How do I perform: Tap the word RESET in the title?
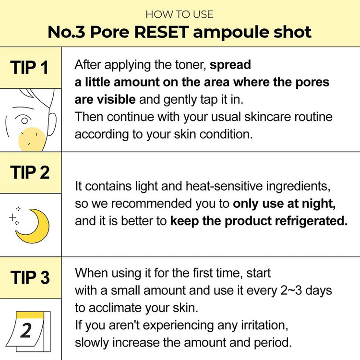pyautogui.click(x=172, y=32)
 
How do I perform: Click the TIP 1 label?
pyautogui.click(x=30, y=68)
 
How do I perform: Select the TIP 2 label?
pyautogui.click(x=30, y=172)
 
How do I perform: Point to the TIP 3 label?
pyautogui.click(x=30, y=277)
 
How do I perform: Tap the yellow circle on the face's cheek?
pyautogui.click(x=31, y=139)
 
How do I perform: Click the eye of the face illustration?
pyautogui.click(x=20, y=119)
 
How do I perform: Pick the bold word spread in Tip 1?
pyautogui.click(x=230, y=65)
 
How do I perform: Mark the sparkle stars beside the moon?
pyautogui.click(x=15, y=216)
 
